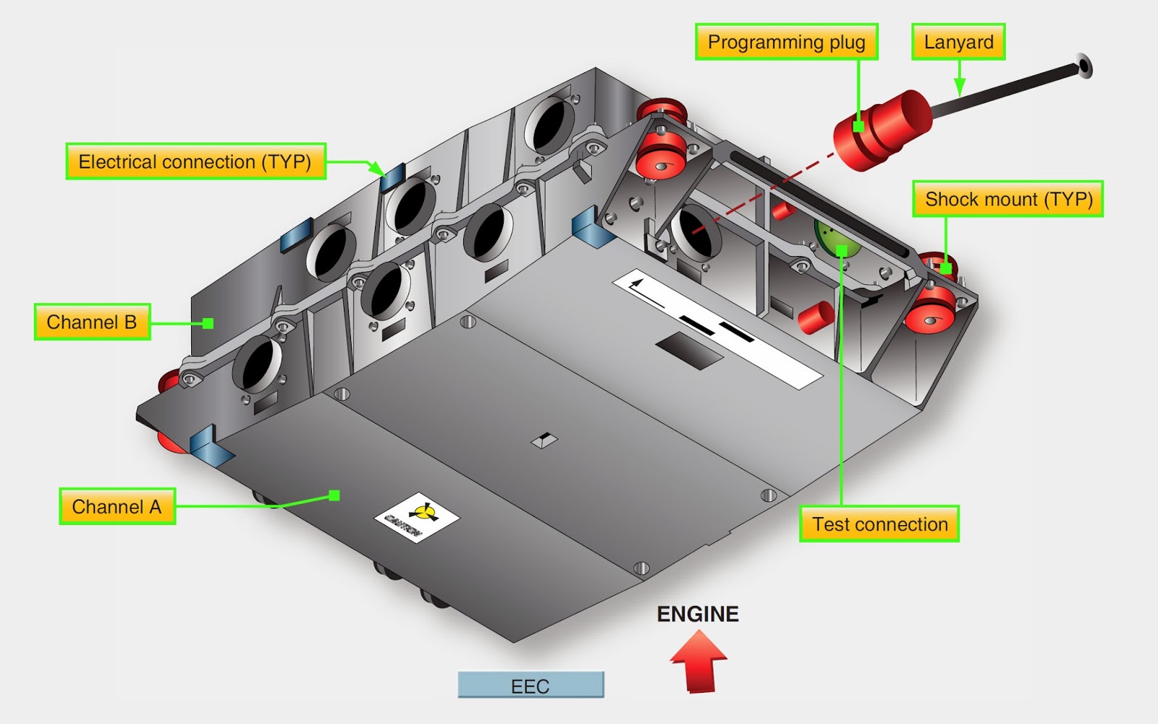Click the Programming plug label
click(786, 42)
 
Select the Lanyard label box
click(958, 42)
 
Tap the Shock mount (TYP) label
click(1008, 199)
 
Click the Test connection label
click(879, 524)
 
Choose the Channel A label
click(117, 506)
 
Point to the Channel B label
click(92, 322)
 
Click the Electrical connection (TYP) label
click(195, 161)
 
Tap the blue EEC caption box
click(531, 686)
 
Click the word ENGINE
click(698, 614)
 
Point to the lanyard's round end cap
click(1083, 66)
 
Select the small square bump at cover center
click(544, 440)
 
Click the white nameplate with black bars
click(717, 329)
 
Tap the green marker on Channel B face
click(208, 323)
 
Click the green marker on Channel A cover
click(334, 495)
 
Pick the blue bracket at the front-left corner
click(210, 446)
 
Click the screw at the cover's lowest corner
click(641, 568)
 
